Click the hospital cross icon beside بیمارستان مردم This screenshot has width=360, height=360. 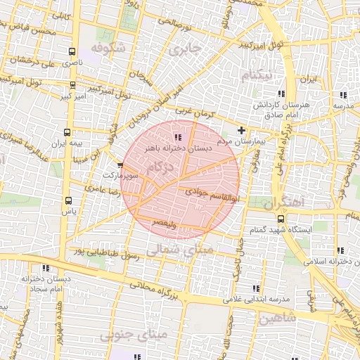(242, 130)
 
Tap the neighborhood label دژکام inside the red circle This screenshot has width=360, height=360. (160, 167)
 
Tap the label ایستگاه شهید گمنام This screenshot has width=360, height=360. (275, 231)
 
